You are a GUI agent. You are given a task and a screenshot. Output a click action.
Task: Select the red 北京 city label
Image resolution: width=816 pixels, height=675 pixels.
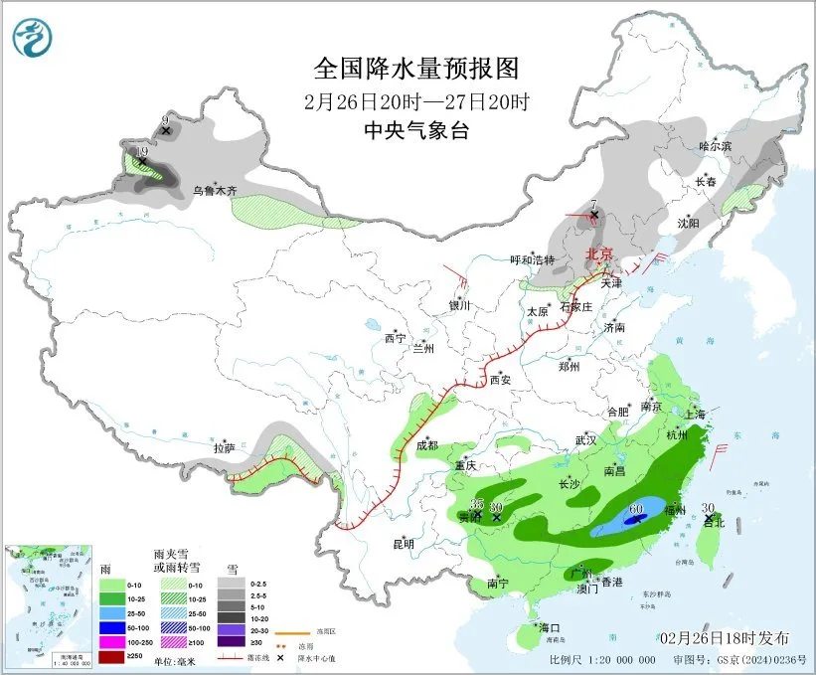(601, 253)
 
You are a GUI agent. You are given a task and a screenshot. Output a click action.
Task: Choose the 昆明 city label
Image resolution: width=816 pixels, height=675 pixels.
(402, 543)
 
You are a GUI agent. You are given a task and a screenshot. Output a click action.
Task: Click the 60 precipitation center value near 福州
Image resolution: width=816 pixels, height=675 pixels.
(636, 509)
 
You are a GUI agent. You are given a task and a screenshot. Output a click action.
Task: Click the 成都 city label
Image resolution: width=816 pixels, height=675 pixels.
(427, 445)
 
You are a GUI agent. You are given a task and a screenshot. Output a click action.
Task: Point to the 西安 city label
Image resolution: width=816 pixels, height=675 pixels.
(500, 379)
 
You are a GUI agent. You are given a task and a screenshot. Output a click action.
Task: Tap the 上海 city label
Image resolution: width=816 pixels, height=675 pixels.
(695, 414)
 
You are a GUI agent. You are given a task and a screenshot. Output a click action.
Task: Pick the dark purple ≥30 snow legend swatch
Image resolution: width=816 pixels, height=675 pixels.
(231, 643)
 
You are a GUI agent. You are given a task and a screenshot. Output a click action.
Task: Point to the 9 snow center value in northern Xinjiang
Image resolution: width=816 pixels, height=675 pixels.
(165, 121)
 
